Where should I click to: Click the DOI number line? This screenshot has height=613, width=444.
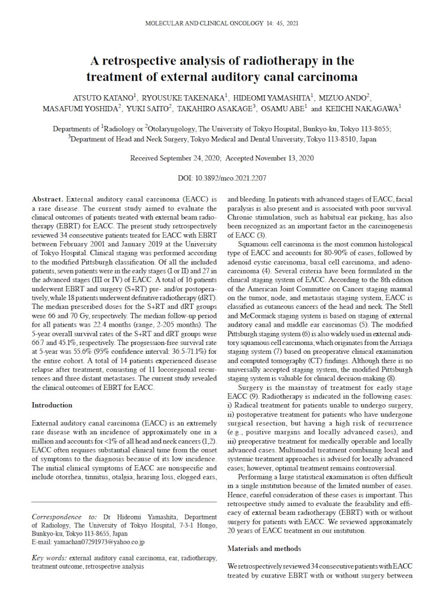tap(221, 178)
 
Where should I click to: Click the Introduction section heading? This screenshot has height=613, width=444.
tap(52, 405)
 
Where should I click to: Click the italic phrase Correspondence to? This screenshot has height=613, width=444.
tap(60, 517)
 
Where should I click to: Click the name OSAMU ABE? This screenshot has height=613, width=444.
tap(282, 109)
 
